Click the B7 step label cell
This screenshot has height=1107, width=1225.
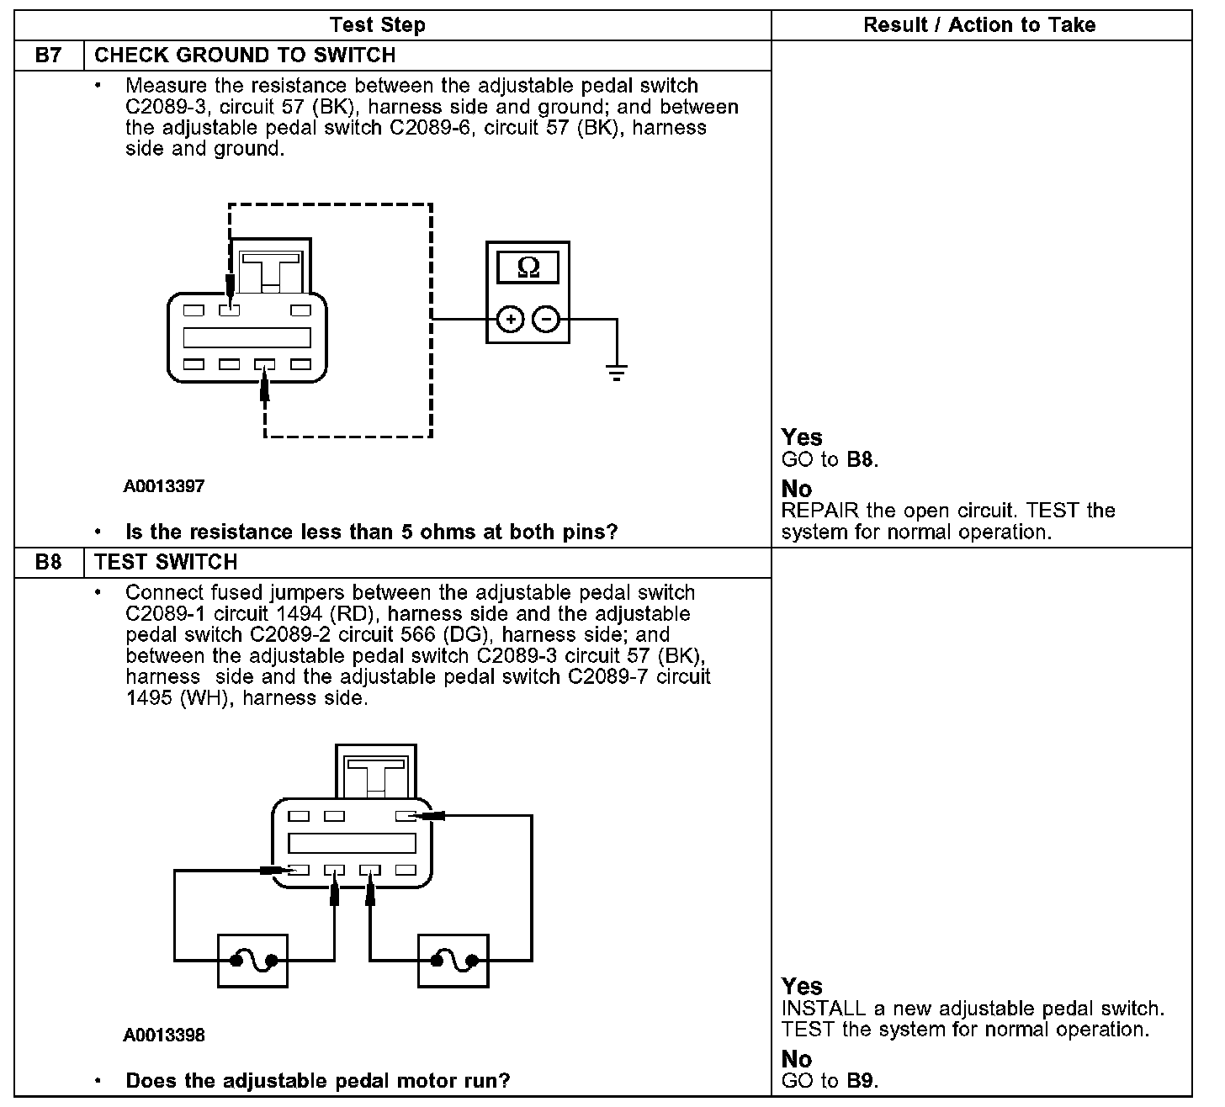(x=49, y=56)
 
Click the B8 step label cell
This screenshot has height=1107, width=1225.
(x=49, y=562)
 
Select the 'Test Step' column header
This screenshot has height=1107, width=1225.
(x=377, y=25)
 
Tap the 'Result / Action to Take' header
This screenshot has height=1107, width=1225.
(x=979, y=25)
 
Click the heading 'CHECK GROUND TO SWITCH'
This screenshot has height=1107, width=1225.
(x=245, y=56)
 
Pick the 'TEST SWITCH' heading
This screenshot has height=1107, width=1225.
(x=166, y=562)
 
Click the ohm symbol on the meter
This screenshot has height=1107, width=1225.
(x=528, y=267)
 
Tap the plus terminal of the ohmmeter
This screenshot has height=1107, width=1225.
(x=511, y=320)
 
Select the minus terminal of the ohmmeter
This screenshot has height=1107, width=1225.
(x=546, y=320)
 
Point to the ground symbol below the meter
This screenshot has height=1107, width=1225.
(x=617, y=373)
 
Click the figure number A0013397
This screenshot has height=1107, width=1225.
(x=164, y=486)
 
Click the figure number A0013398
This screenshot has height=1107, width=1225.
(x=164, y=1035)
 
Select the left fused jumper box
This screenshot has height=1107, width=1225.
(x=252, y=960)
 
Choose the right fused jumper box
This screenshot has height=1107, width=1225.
(x=453, y=960)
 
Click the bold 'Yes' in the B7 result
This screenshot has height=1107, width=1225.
(x=801, y=437)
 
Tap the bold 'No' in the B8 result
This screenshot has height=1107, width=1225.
(x=796, y=1059)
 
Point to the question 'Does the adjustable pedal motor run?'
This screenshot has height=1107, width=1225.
(x=317, y=1081)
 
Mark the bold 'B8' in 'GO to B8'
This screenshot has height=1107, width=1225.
(x=861, y=460)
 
